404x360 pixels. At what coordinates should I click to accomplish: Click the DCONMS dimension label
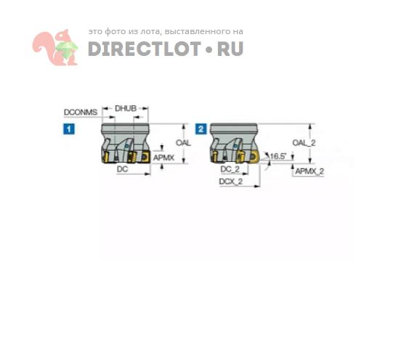coord(81,112)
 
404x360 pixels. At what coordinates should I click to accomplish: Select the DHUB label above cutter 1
coord(126,108)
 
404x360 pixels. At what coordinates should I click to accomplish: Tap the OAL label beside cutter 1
coord(183,142)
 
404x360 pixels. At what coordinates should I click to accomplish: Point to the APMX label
coord(164,157)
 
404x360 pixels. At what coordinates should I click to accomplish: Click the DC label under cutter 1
coord(122,169)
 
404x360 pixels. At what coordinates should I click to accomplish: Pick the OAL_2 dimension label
coord(304,142)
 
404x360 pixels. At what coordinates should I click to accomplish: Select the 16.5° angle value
coord(278,156)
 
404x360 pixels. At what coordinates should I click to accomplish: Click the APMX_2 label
coord(310,171)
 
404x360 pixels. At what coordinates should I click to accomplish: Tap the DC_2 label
coord(230,169)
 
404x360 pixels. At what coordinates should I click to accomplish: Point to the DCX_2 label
coord(230,181)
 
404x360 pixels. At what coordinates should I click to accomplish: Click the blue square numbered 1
coord(69,129)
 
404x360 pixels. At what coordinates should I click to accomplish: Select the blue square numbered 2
coord(201,129)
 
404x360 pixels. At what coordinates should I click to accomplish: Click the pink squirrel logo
coord(55,47)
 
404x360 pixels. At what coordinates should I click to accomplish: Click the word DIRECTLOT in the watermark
coord(145,49)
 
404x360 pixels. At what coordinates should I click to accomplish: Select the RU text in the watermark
coord(230,49)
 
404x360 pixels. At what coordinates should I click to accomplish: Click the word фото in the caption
coord(115,32)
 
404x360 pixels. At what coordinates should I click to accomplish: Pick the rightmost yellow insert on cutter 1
coord(145,157)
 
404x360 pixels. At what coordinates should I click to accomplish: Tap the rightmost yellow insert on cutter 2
coord(254,156)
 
